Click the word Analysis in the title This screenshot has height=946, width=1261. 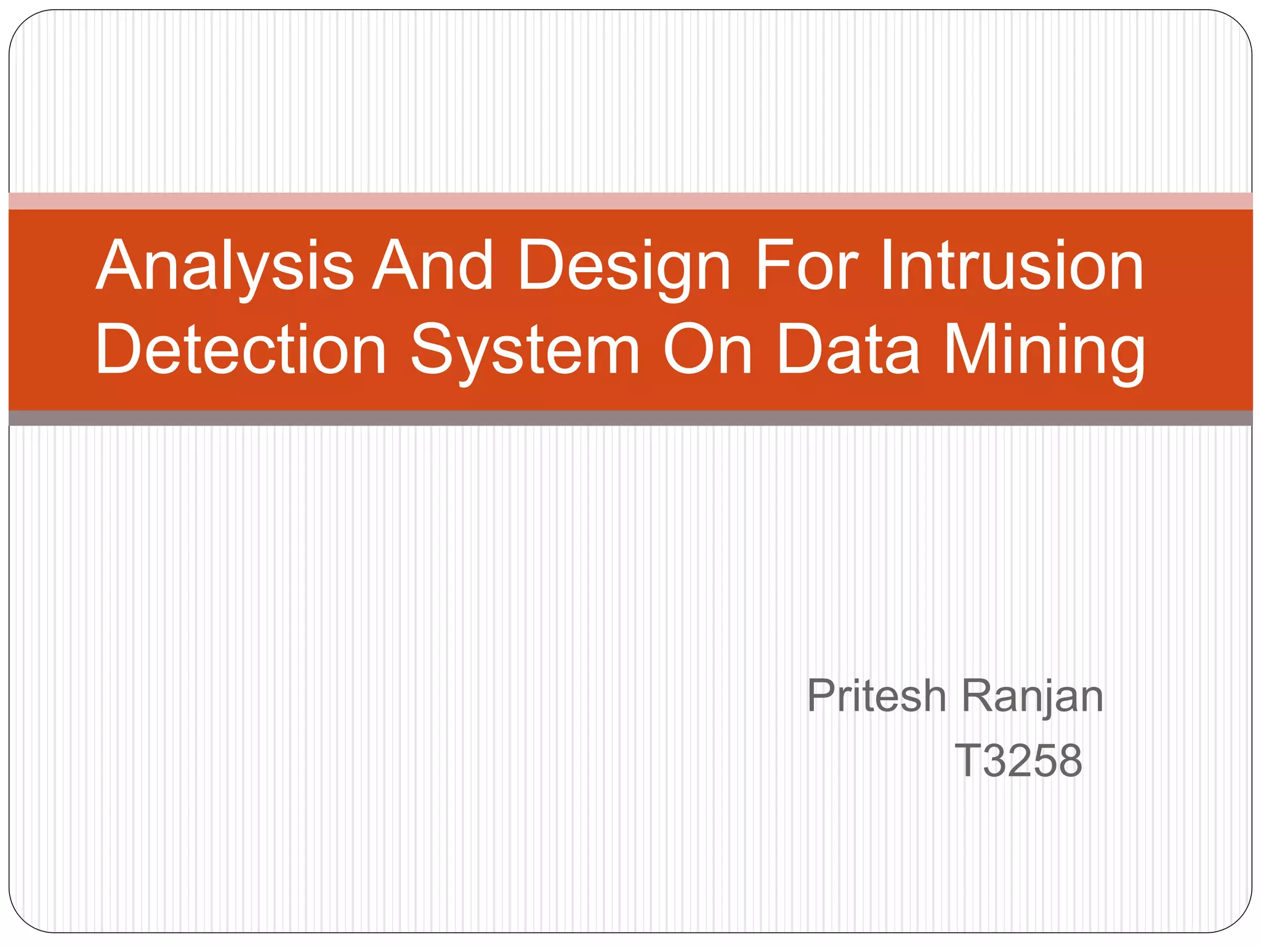(x=225, y=266)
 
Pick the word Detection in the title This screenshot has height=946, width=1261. (x=241, y=349)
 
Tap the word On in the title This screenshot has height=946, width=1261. (x=707, y=349)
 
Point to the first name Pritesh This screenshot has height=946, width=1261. (x=876, y=696)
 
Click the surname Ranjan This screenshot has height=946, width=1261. (x=1032, y=697)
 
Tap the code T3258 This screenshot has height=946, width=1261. (x=1018, y=761)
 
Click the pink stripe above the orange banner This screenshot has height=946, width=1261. (x=630, y=201)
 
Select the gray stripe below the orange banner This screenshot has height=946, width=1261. (x=630, y=418)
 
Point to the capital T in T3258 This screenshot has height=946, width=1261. (x=967, y=761)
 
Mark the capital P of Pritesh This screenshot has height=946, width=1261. (x=821, y=696)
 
